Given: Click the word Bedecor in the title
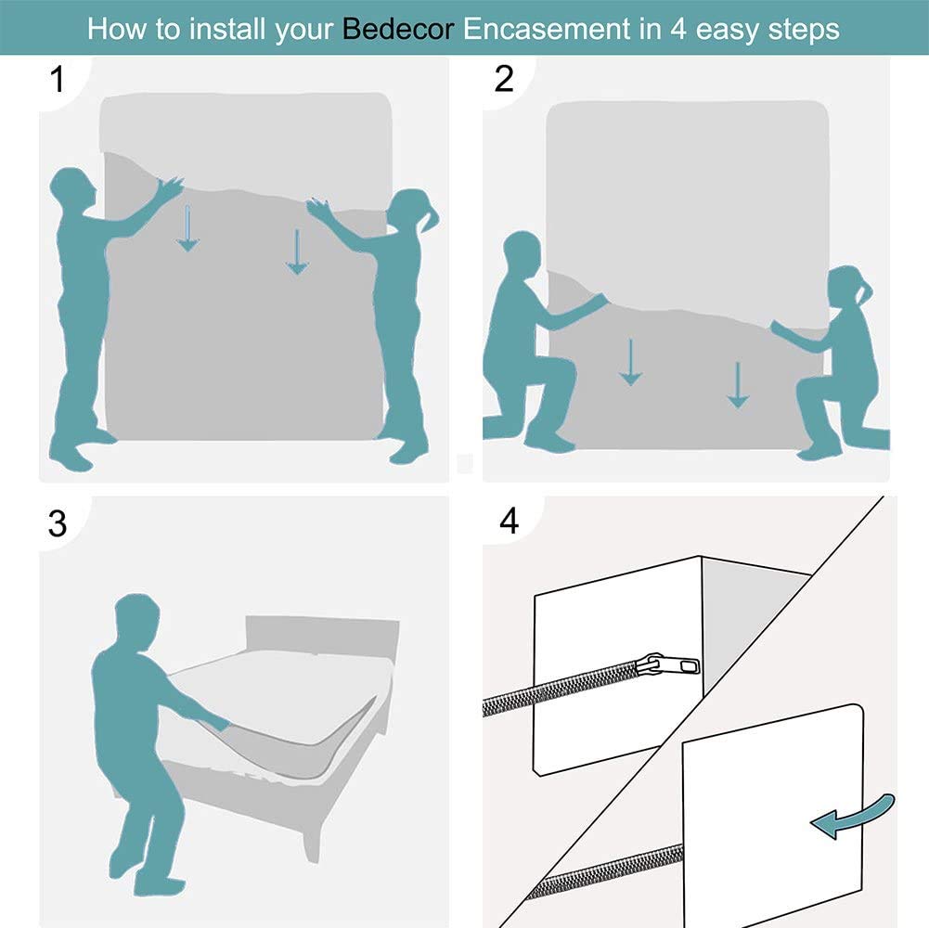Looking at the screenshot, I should [398, 28].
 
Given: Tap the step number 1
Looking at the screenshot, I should [58, 80].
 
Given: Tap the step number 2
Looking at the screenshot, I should [504, 80].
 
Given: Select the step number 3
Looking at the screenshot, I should [58, 523].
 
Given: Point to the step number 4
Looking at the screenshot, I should [509, 522].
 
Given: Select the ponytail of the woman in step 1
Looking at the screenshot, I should [431, 220].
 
